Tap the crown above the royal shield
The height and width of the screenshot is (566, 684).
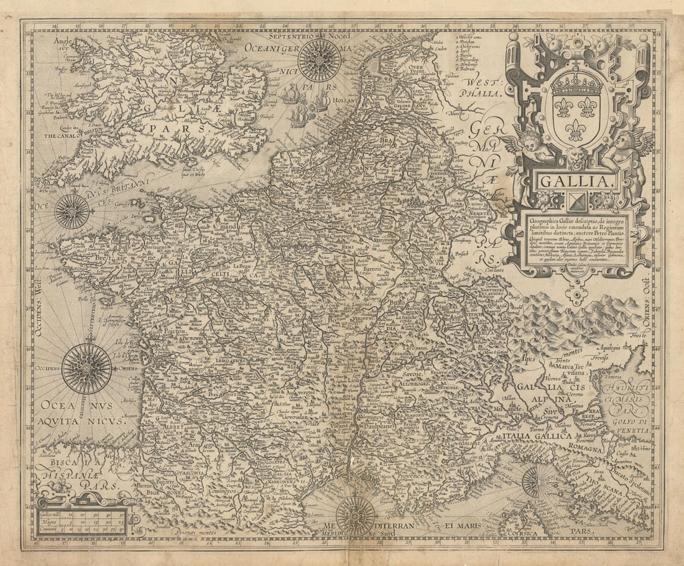[576, 83]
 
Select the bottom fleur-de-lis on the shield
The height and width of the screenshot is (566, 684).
[576, 131]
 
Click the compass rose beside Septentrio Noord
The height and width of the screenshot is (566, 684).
[319, 60]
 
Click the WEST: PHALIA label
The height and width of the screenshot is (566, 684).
[480, 87]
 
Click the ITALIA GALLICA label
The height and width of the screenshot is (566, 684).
[537, 437]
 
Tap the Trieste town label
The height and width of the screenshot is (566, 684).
[640, 335]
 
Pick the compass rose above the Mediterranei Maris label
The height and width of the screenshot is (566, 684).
[355, 516]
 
